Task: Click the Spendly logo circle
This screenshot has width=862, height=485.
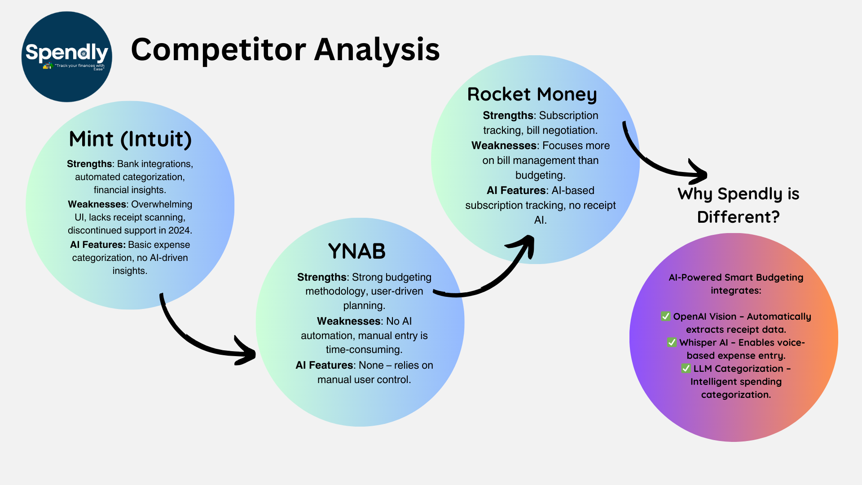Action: click(66, 57)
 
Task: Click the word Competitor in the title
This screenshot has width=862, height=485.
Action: click(218, 49)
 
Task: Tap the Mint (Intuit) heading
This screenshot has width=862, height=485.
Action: click(130, 139)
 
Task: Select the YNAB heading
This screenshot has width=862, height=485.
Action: click(357, 251)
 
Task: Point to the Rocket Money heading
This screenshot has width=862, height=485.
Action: click(532, 94)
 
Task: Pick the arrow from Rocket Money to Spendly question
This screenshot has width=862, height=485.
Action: click(651, 162)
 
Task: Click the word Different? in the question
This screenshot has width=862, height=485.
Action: click(738, 217)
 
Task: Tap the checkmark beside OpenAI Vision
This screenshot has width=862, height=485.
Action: click(665, 317)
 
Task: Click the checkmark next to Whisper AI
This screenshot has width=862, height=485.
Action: click(672, 343)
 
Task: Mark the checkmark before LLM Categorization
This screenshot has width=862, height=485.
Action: click(686, 369)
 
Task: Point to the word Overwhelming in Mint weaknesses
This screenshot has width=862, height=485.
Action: click(162, 204)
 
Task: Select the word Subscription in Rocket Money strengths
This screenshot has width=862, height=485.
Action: click(569, 115)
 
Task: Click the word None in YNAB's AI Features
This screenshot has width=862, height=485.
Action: click(371, 365)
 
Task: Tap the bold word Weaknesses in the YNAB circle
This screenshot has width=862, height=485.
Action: click(348, 321)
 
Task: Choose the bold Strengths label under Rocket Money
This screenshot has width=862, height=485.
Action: click(508, 115)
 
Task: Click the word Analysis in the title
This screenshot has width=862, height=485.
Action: click(377, 49)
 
